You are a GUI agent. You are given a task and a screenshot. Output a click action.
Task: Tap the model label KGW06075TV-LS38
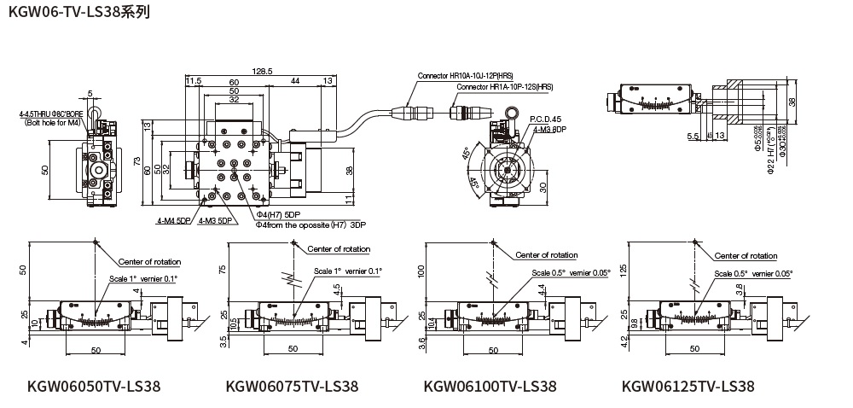pos(292,387)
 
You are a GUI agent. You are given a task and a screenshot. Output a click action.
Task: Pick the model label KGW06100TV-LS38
pos(490,387)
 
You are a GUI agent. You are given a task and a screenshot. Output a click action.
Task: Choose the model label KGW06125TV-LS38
pos(688,387)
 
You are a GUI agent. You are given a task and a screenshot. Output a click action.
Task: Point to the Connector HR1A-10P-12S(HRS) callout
pos(504,87)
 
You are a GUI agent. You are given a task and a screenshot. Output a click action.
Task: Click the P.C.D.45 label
pos(545,119)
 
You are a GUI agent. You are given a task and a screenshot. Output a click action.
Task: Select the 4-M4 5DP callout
pos(174,221)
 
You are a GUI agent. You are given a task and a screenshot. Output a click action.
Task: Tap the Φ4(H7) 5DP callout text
pos(280,213)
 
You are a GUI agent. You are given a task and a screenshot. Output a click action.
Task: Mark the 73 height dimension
pos(136,162)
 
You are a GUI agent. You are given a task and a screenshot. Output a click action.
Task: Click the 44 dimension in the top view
pos(294,81)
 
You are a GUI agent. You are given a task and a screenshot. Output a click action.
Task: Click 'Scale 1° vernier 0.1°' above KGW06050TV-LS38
pos(142,278)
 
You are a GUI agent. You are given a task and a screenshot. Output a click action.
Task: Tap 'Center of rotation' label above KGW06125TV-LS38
pos(746,255)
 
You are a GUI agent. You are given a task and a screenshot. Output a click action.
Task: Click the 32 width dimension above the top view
pos(234,100)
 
